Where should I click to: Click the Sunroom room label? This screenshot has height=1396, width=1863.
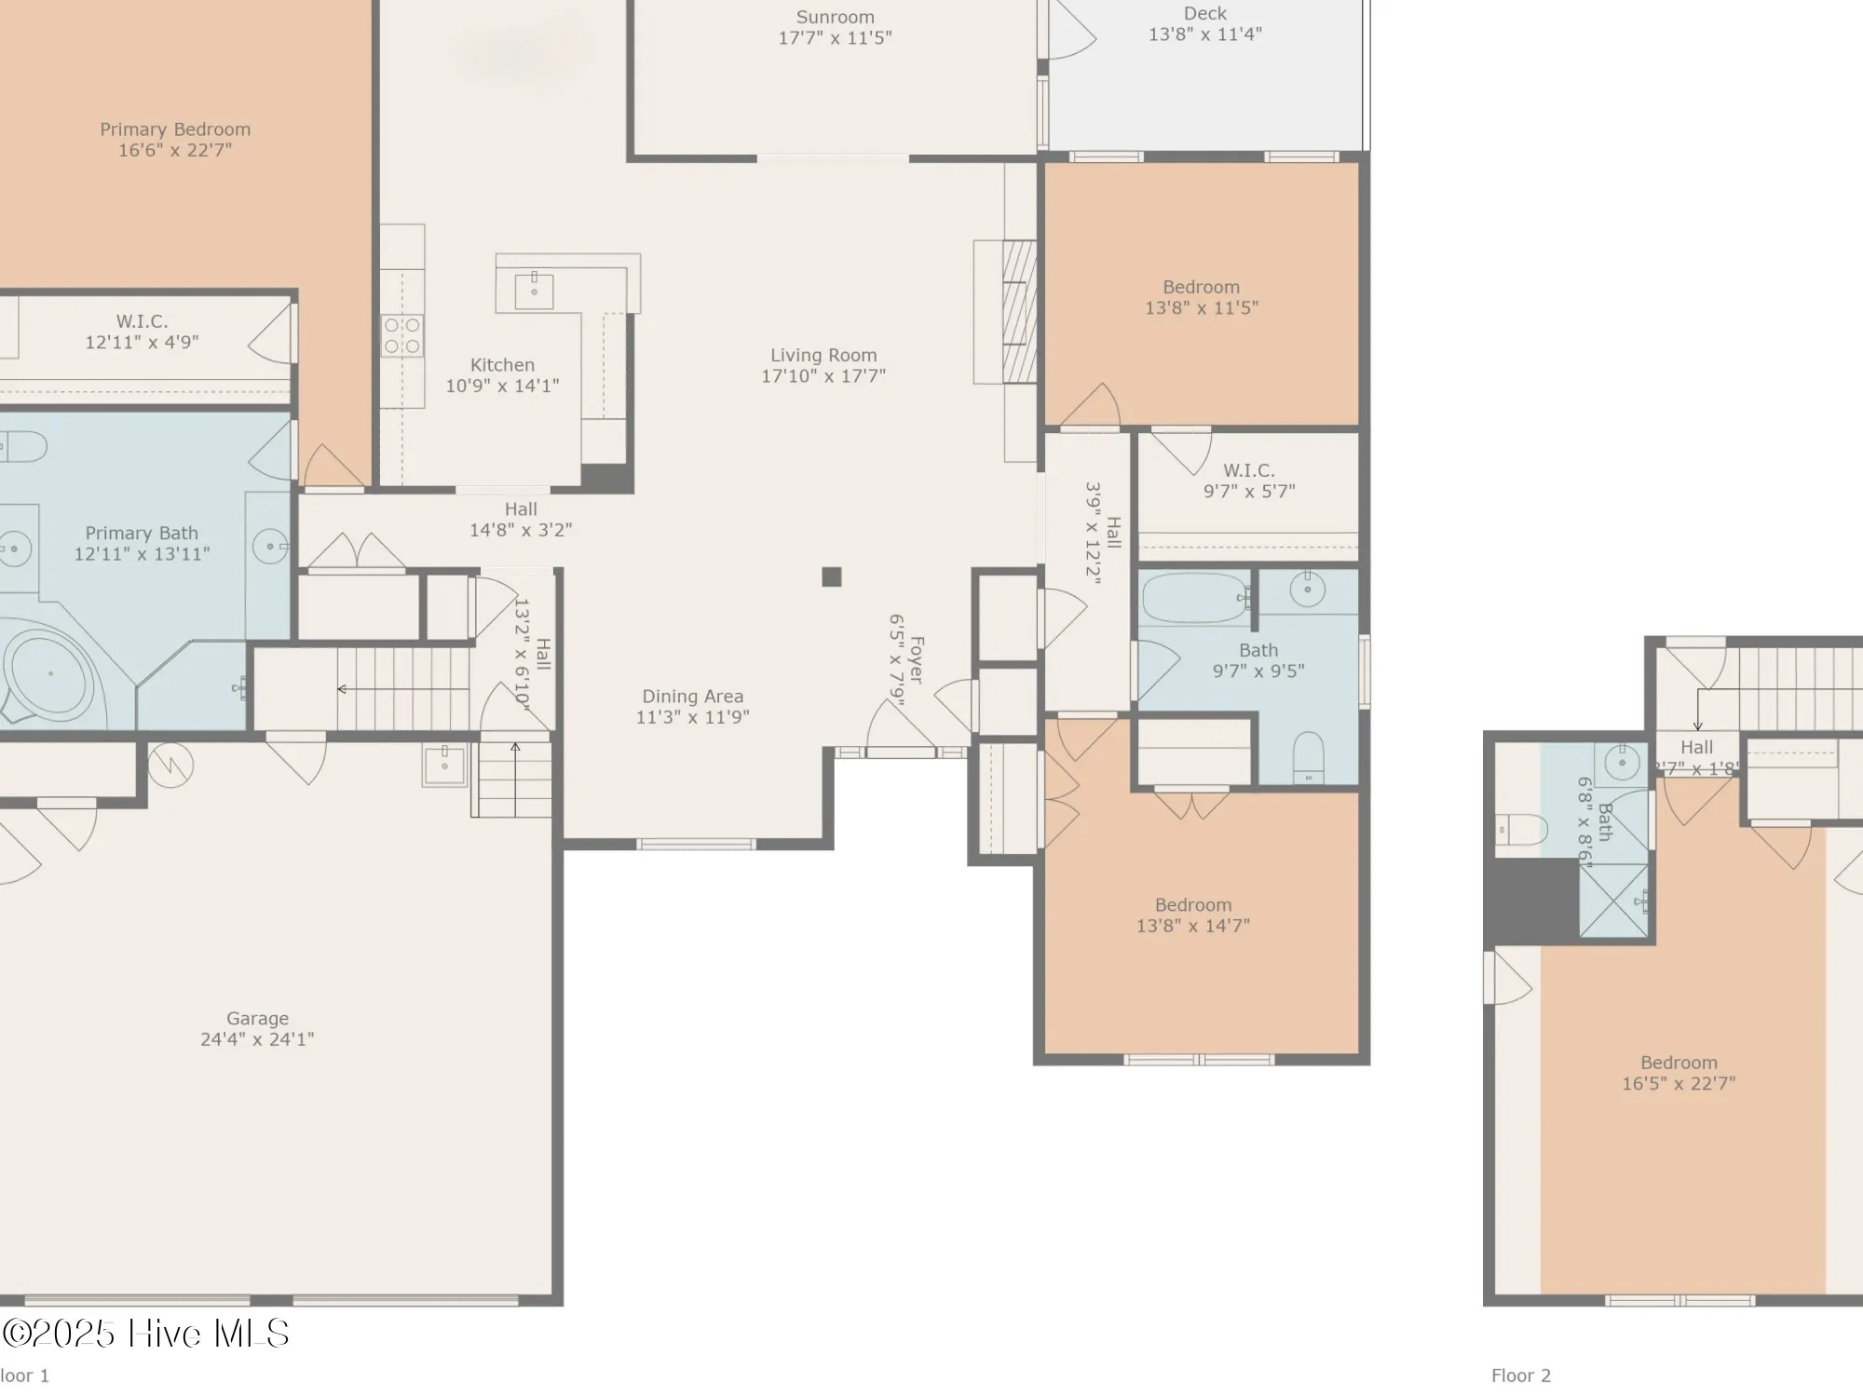[x=835, y=18]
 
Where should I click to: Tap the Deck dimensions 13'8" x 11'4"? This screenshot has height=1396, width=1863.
[x=1204, y=34]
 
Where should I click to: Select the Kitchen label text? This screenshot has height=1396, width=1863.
[x=502, y=365]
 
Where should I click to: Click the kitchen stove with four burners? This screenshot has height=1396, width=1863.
[x=402, y=336]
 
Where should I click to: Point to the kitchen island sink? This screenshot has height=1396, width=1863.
[x=534, y=291]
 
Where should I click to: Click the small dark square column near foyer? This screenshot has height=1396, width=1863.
[x=832, y=576]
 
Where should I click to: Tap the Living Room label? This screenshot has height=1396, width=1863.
[x=823, y=355]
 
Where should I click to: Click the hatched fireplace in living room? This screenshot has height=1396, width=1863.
[x=1019, y=312]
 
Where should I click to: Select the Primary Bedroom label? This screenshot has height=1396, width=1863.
[x=175, y=129]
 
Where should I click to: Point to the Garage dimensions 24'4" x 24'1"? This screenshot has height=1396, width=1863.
[x=257, y=1039]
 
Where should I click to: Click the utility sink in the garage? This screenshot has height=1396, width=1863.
[x=444, y=764]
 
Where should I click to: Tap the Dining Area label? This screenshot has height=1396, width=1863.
[x=692, y=697]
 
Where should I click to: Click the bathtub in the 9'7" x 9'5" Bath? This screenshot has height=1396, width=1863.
[x=1194, y=598]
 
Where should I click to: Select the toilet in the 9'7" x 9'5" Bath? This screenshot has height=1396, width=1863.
[x=1309, y=757]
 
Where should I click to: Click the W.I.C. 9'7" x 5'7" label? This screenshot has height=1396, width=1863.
[x=1248, y=470]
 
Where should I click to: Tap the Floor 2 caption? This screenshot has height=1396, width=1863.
[x=1520, y=1376]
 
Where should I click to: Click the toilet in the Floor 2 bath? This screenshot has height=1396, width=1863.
[x=1521, y=828]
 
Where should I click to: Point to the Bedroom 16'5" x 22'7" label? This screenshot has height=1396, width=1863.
[x=1679, y=1063]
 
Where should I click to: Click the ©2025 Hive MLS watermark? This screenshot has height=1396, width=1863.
[x=145, y=1334]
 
